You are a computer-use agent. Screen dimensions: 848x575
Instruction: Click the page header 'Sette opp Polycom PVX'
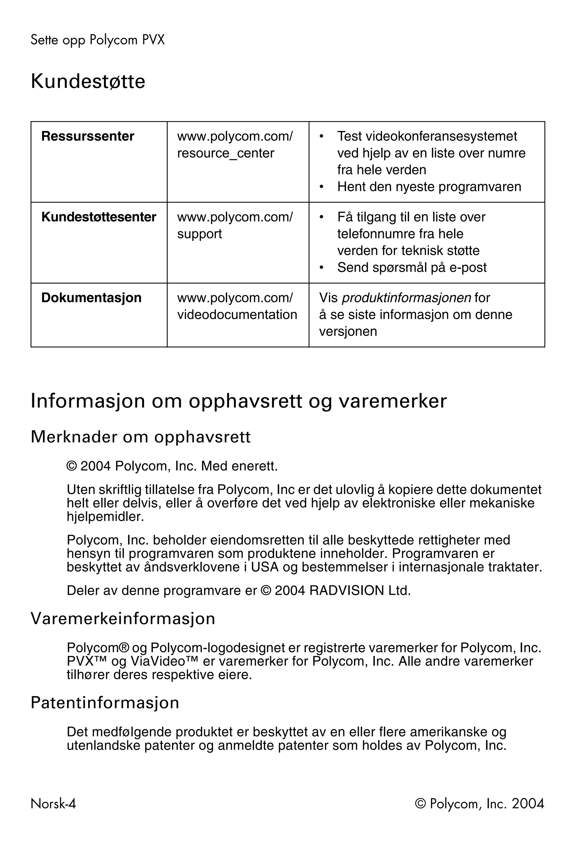click(x=97, y=40)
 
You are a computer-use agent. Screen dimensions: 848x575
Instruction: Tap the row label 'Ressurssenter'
click(x=88, y=136)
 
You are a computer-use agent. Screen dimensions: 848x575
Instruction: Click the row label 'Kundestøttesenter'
click(x=99, y=217)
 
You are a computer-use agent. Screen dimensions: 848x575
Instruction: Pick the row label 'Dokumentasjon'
click(x=91, y=297)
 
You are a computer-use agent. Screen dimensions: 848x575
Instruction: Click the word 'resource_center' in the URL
click(x=225, y=153)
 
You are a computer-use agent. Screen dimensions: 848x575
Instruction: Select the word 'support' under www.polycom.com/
click(x=199, y=234)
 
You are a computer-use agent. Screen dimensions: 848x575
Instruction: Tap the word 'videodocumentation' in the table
click(x=237, y=314)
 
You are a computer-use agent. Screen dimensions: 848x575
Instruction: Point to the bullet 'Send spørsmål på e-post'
click(x=412, y=267)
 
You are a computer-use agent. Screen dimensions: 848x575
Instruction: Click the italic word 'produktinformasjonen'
click(x=406, y=298)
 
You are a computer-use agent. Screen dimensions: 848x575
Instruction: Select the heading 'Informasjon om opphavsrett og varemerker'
click(x=238, y=401)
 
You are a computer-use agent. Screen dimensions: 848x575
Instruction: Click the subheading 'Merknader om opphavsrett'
click(x=141, y=437)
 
